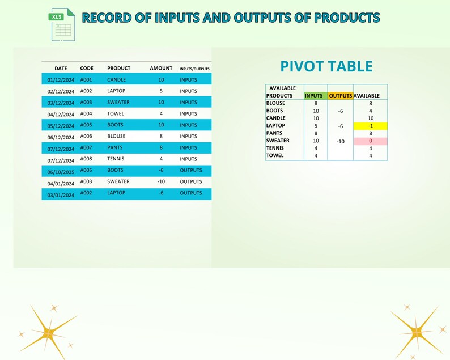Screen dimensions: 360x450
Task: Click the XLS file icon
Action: [62, 24]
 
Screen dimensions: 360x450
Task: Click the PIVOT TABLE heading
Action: [326, 66]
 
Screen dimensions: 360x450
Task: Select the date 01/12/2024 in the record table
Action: [61, 80]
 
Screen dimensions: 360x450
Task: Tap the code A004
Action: [86, 114]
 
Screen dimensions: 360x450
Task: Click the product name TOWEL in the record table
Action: [116, 114]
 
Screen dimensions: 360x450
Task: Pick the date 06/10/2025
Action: [61, 171]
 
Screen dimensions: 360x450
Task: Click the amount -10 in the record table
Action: [161, 182]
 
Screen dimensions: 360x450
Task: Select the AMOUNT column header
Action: [161, 69]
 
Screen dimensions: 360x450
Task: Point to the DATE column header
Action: [61, 69]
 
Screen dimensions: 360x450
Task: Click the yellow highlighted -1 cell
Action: [370, 126]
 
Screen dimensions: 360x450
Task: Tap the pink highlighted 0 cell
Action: [370, 141]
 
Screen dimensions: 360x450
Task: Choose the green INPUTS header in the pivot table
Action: [314, 96]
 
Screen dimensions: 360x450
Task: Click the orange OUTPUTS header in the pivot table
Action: [341, 96]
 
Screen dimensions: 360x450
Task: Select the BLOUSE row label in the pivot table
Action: [275, 103]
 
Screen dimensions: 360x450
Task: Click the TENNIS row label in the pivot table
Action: [275, 148]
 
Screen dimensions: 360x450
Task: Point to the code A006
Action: [86, 137]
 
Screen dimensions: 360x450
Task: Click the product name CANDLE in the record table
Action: [117, 80]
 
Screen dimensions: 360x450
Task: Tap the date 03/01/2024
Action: [61, 195]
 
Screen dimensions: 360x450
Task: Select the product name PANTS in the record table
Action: [115, 148]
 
